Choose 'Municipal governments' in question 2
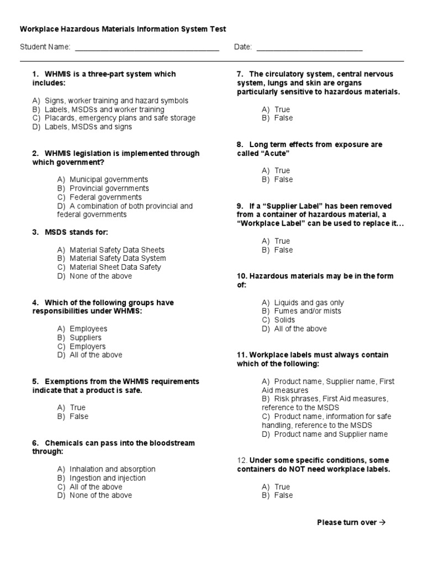pyautogui.click(x=109, y=180)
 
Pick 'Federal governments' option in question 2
pyautogui.click(x=105, y=197)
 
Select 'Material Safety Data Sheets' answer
pyautogui.click(x=117, y=250)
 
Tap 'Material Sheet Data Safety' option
pyautogui.click(x=115, y=268)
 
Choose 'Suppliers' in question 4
pyautogui.click(x=86, y=338)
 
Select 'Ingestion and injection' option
pyautogui.click(x=108, y=478)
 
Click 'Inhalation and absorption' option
pyautogui.click(x=113, y=469)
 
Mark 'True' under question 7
pyautogui.click(x=282, y=109)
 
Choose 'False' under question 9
pyautogui.click(x=284, y=250)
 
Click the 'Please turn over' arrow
pyautogui.click(x=381, y=522)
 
